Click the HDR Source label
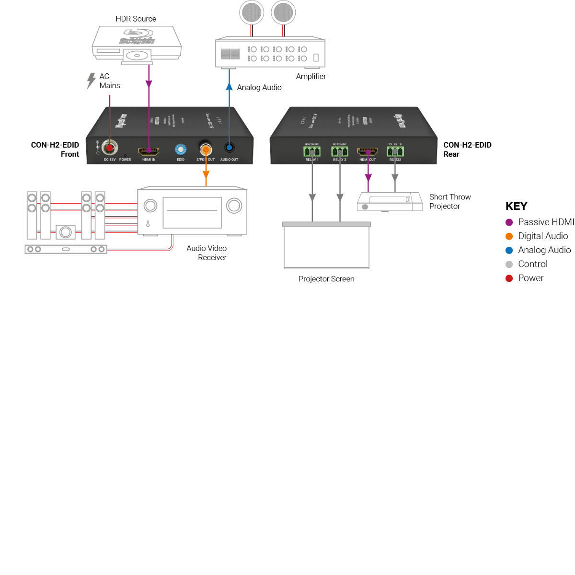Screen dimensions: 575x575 pyautogui.click(x=136, y=19)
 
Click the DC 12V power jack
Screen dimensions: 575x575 pyautogui.click(x=110, y=148)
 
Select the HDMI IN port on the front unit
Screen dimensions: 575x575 pyautogui.click(x=149, y=151)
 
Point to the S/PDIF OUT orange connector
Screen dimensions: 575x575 pyautogui.click(x=206, y=149)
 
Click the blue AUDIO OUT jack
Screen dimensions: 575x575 pyautogui.click(x=230, y=148)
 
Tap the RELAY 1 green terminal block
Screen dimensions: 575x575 pyautogui.click(x=312, y=151)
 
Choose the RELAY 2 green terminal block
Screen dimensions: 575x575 pyautogui.click(x=340, y=151)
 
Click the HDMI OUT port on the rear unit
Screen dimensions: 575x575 pyautogui.click(x=368, y=152)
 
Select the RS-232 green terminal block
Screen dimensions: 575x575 pyautogui.click(x=395, y=151)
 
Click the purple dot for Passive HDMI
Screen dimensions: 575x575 pyautogui.click(x=509, y=222)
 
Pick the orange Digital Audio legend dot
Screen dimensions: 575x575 pyautogui.click(x=509, y=236)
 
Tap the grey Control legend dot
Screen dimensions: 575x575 pyautogui.click(x=509, y=264)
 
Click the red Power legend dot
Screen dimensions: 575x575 pyautogui.click(x=509, y=278)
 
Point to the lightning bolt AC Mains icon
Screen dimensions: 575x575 pyautogui.click(x=91, y=80)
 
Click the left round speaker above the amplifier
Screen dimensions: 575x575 pyautogui.click(x=252, y=12)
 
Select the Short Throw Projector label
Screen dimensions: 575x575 pyautogui.click(x=449, y=202)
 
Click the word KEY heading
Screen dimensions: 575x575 pyautogui.click(x=516, y=207)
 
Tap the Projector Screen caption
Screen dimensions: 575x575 pyautogui.click(x=326, y=279)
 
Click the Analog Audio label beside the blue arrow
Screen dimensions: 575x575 pyautogui.click(x=259, y=87)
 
